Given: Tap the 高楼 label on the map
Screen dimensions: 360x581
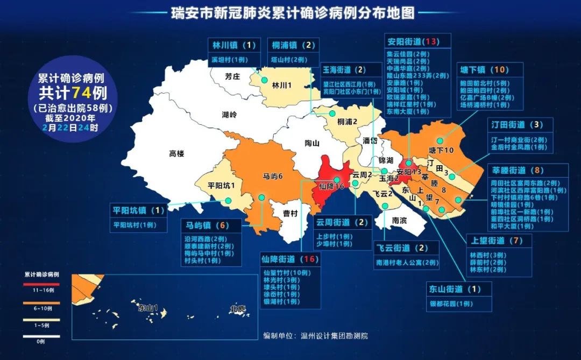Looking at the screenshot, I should (176, 154).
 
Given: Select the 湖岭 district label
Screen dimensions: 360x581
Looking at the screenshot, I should (229, 115).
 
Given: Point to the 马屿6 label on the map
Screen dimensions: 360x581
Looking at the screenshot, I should (272, 176).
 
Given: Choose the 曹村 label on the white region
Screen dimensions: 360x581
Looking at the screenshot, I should (290, 214).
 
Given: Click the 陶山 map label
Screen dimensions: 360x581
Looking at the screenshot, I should (312, 143).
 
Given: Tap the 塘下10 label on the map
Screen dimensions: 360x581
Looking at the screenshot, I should (442, 150).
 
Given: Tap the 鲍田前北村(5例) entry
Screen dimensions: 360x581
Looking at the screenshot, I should (484, 83).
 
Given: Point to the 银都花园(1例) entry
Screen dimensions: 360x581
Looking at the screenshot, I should (451, 303).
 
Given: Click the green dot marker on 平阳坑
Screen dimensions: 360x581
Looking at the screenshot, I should (229, 201).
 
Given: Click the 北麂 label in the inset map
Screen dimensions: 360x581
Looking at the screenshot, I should (237, 309).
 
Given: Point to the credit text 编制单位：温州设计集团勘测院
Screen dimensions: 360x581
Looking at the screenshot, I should (316, 336).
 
